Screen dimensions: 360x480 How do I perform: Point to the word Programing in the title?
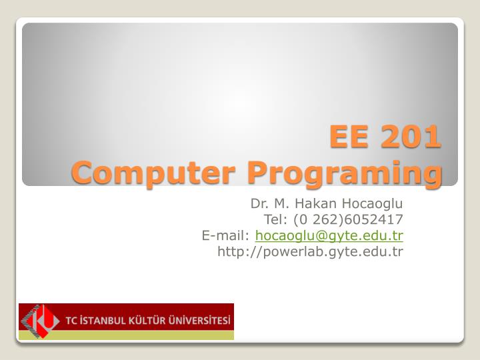point(344,173)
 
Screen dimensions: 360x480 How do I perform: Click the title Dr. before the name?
point(258,203)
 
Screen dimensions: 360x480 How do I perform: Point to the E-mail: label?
point(226,235)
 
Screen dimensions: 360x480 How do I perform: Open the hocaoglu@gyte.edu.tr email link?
point(329,235)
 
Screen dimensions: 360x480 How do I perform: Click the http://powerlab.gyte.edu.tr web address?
point(311,251)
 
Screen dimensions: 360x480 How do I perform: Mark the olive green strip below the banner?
point(126,337)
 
